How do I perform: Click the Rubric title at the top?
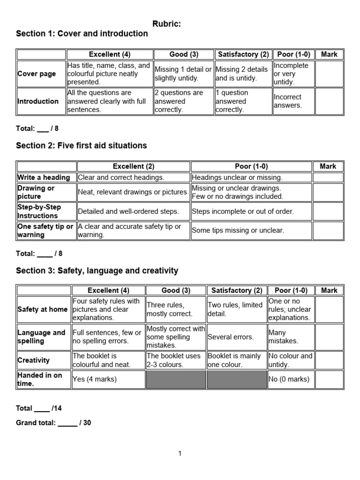pos(166,24)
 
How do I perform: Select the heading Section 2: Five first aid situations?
pos(81,146)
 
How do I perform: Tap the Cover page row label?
pos(37,74)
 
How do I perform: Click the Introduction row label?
pos(38,101)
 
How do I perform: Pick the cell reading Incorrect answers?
pos(287,101)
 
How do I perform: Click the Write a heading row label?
pos(44,178)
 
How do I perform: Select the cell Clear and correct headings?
pos(121,178)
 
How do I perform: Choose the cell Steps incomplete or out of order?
pos(243,211)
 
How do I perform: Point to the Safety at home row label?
pos(42,309)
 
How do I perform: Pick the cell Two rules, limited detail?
pos(235,309)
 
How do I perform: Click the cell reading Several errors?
pos(231,337)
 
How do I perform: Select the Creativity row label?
pos(33,360)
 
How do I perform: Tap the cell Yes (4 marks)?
pos(95,380)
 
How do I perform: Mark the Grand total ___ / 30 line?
pos(53,423)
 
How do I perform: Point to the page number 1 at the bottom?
pos(180,453)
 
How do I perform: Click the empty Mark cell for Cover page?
pos(329,74)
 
